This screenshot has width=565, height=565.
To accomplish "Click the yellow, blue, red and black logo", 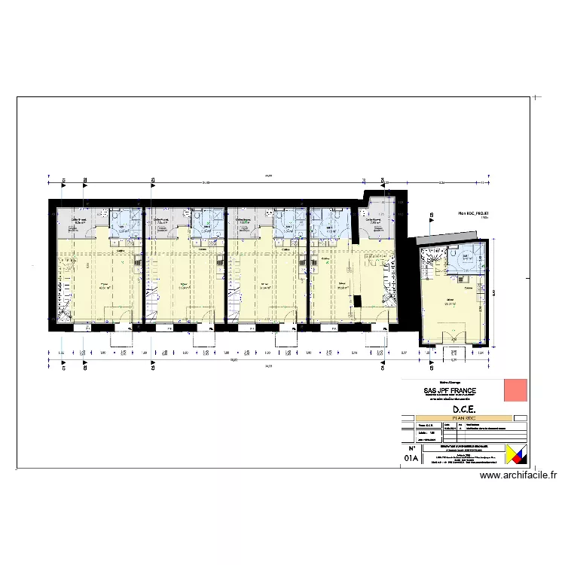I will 515,455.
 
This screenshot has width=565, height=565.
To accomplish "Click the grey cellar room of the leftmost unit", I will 78,220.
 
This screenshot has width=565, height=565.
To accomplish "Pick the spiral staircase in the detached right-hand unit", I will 432,261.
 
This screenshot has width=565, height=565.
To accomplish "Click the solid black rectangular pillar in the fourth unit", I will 358,301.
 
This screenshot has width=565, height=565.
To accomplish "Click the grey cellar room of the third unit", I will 245,220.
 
